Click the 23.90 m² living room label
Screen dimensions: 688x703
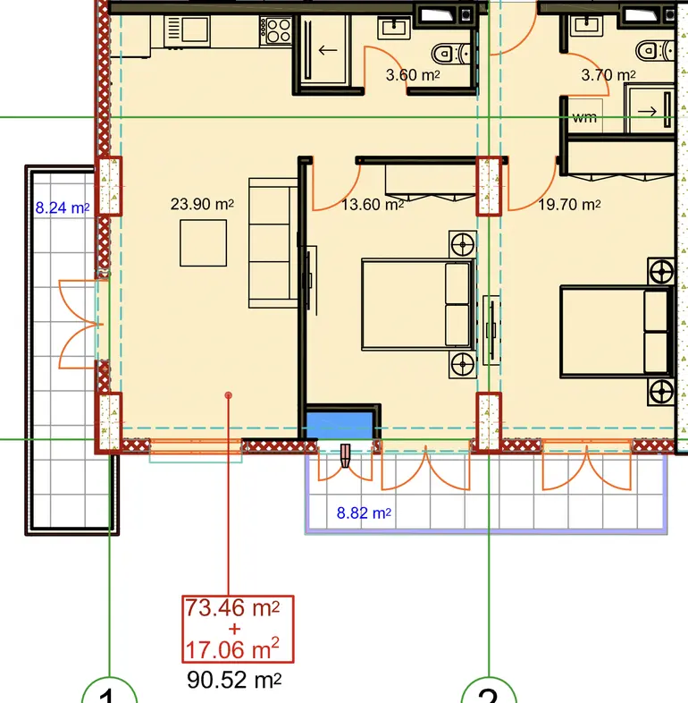[202, 205]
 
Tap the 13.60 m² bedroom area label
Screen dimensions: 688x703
[373, 205]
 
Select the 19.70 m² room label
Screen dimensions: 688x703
[569, 205]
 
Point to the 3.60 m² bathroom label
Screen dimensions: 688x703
[413, 75]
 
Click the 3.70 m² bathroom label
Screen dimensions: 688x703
[608, 75]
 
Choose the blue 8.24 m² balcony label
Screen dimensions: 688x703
[63, 208]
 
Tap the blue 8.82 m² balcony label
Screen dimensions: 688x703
[364, 512]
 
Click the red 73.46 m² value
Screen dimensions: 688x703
[232, 608]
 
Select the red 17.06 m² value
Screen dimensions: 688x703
[232, 649]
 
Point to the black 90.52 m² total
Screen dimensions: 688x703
[234, 680]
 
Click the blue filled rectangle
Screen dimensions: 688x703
[340, 425]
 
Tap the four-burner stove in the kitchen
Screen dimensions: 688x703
[276, 30]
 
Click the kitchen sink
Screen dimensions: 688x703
[188, 31]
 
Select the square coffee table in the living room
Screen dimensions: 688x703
[204, 243]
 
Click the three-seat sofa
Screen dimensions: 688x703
[273, 243]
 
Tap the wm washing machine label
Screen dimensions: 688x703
[584, 117]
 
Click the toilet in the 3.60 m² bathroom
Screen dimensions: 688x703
[451, 54]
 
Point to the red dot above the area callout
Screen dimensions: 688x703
[229, 395]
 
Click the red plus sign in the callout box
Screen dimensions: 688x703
[234, 629]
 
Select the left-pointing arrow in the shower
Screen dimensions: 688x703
[327, 50]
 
